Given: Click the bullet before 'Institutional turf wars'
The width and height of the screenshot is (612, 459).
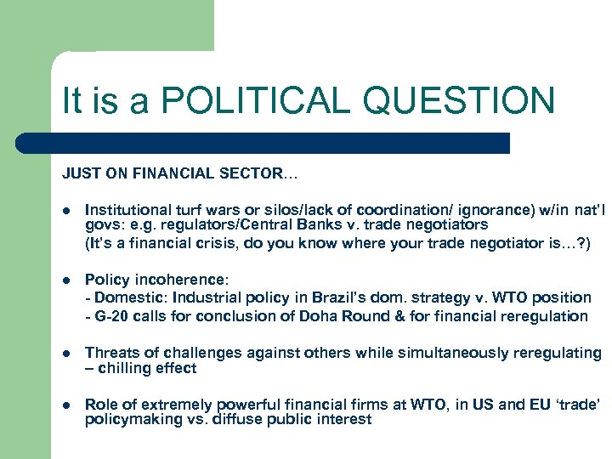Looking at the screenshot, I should [67, 209].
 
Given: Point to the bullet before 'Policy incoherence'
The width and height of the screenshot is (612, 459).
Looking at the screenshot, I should [67, 280].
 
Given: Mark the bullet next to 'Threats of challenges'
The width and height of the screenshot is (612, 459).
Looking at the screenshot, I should [67, 353].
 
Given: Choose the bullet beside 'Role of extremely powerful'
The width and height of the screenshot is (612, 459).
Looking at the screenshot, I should [67, 405].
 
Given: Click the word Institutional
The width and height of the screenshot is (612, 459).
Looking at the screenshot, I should [126, 208].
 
